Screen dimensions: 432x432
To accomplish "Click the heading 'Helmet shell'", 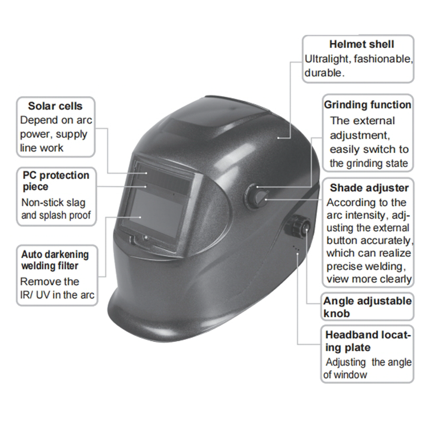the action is pyautogui.click(x=361, y=44).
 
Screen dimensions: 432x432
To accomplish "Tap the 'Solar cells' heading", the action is pyautogui.click(x=55, y=106).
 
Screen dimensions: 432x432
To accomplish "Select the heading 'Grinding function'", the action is pyautogui.click(x=368, y=105).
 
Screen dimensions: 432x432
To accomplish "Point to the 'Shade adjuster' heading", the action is pyautogui.click(x=369, y=188).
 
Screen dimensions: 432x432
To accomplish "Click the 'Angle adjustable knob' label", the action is pyautogui.click(x=367, y=307).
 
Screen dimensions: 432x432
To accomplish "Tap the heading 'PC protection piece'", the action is pyautogui.click(x=56, y=180).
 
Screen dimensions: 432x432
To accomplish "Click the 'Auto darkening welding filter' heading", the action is pyautogui.click(x=55, y=260).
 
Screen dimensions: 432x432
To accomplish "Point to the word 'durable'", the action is pyautogui.click(x=324, y=73).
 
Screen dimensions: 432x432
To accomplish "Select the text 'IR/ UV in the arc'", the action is pyautogui.click(x=57, y=295).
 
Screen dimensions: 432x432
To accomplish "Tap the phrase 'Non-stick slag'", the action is pyautogui.click(x=53, y=202).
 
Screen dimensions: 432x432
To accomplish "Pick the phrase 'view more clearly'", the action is pyautogui.click(x=369, y=279).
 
